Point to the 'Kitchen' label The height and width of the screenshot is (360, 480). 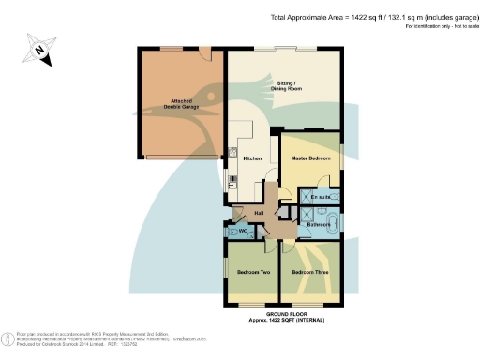tap(252, 158)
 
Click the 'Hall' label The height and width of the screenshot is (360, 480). tap(259, 214)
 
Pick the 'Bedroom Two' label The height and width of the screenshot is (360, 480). tap(253, 272)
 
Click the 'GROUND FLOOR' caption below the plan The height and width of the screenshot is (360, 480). tap(286, 313)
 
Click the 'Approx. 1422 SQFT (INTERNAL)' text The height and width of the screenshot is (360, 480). tap(286, 320)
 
